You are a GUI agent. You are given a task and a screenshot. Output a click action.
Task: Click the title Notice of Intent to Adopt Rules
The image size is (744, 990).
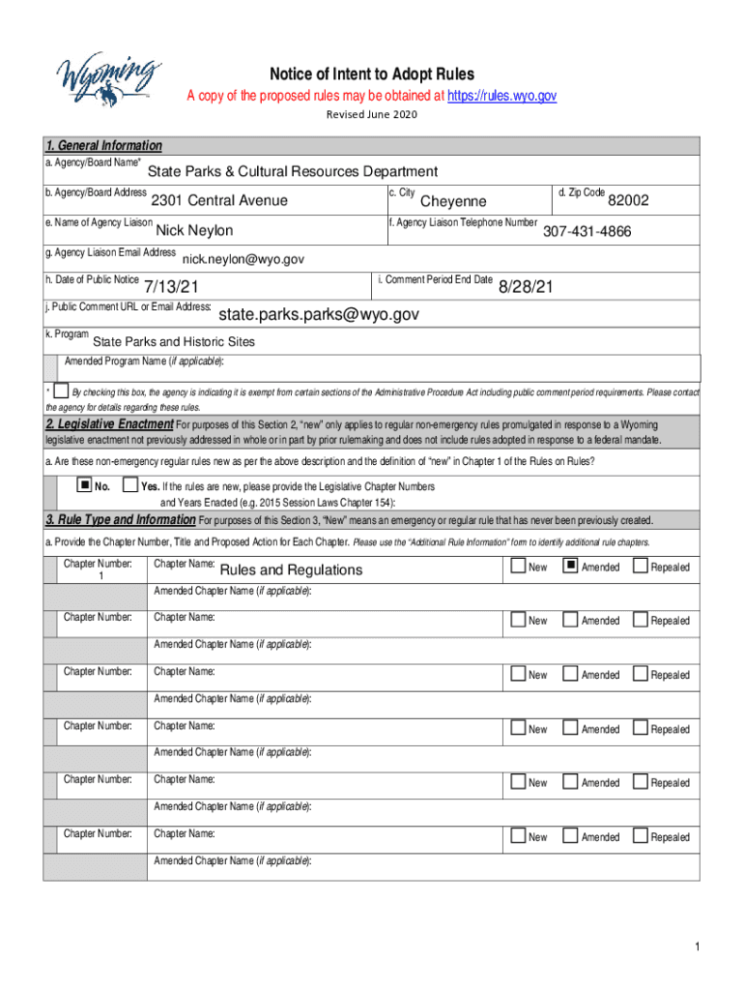(x=372, y=74)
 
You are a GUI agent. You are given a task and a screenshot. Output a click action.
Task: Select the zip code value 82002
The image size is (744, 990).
(x=628, y=201)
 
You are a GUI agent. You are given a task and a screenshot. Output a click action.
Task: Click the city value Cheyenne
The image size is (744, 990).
(x=453, y=201)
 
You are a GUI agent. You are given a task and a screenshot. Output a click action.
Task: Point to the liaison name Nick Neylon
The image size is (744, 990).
(x=194, y=231)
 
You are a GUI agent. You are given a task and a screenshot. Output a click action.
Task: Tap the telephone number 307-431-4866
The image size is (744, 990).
(x=587, y=231)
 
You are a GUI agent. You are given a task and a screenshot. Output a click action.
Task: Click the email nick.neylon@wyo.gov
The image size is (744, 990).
(x=243, y=259)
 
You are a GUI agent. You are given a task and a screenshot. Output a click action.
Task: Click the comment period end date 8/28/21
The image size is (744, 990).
(x=526, y=287)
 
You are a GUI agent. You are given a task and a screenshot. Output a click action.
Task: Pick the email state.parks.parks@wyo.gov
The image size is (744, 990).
(x=319, y=314)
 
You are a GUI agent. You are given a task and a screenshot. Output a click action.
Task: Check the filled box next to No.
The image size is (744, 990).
(x=84, y=484)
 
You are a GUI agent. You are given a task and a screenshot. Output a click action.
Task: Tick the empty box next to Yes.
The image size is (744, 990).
(x=129, y=484)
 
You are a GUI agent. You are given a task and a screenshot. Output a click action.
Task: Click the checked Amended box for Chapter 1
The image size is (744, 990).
(x=570, y=566)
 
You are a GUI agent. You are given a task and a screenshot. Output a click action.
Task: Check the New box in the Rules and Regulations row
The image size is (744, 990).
(x=519, y=566)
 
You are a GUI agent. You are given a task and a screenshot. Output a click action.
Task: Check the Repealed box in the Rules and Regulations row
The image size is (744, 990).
(x=640, y=566)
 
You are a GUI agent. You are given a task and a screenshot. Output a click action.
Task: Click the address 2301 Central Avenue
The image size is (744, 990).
(x=219, y=201)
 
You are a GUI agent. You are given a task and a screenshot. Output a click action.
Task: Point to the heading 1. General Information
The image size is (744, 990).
(x=103, y=146)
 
